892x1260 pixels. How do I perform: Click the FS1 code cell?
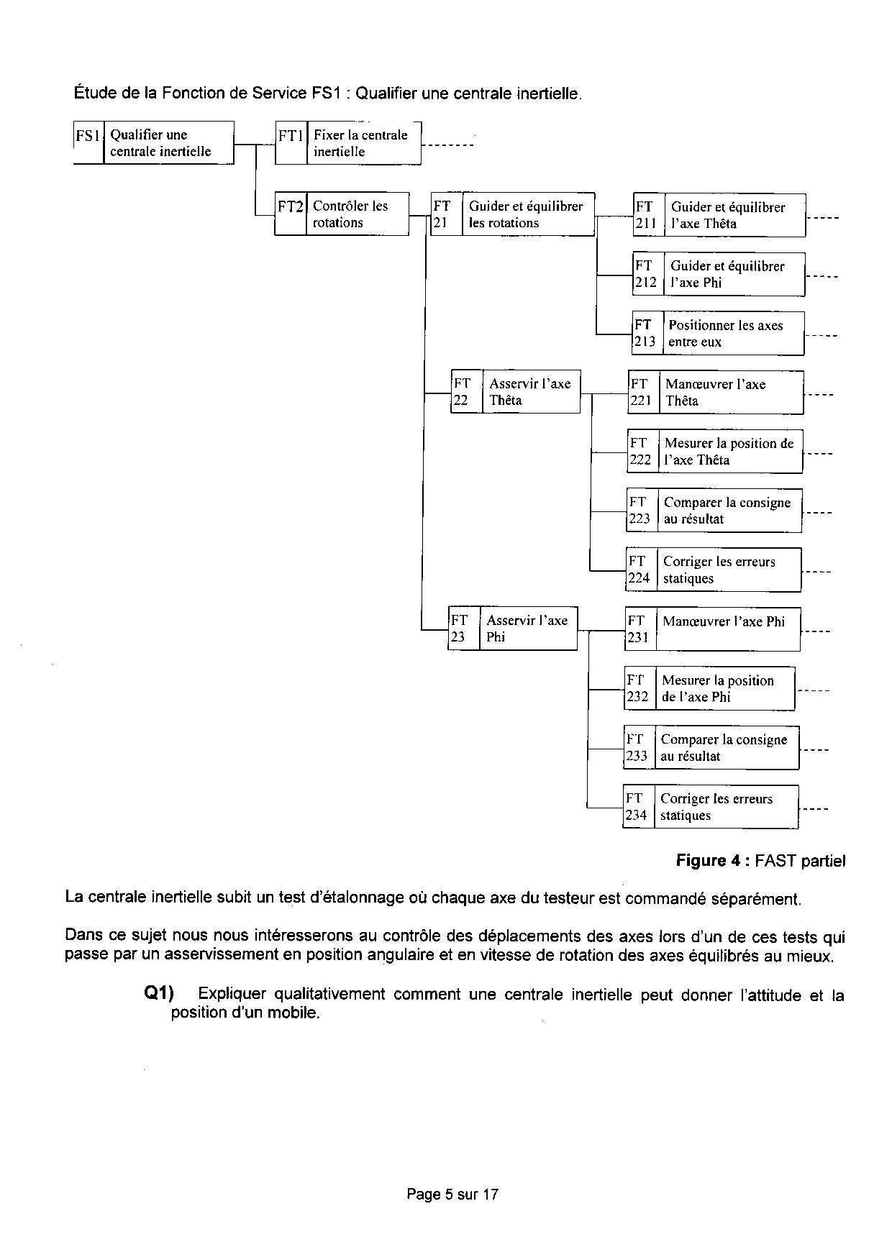pos(88,142)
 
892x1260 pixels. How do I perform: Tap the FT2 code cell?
pos(291,214)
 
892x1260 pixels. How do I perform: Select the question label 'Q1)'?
pos(160,994)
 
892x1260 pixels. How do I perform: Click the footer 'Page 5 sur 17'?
pos(452,1195)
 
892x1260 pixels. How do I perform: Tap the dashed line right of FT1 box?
pos(447,146)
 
